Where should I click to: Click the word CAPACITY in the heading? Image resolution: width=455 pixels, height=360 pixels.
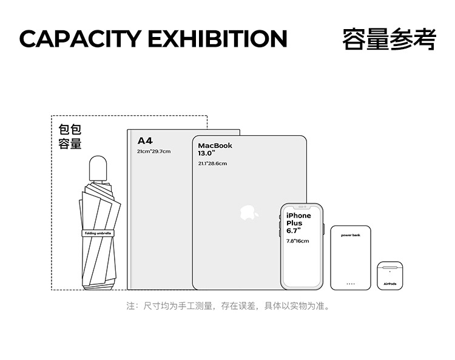[x=80, y=39]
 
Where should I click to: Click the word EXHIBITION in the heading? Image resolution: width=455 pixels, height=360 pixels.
[x=217, y=39]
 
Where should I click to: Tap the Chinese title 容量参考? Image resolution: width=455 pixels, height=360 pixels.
[x=389, y=38]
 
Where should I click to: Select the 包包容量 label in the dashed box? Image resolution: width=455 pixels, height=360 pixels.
[x=70, y=137]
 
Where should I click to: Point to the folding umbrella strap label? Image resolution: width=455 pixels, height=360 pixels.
[x=98, y=233]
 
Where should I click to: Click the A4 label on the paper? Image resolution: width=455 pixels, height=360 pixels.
[x=145, y=141]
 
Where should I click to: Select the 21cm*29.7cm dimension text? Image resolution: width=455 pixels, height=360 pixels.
[x=153, y=151]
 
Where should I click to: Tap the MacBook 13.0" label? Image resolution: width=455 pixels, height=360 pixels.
[x=215, y=149]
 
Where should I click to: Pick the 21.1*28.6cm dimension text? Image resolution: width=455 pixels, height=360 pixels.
[x=212, y=164]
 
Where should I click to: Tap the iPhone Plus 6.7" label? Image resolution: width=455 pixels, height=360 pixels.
[x=298, y=223]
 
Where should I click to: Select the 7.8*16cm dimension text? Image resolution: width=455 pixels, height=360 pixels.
[x=297, y=241]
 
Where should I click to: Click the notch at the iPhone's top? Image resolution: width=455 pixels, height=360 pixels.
[x=302, y=207]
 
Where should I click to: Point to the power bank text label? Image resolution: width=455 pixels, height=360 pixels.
[x=351, y=235]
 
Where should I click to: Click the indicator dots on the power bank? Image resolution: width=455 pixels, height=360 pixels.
[x=351, y=283]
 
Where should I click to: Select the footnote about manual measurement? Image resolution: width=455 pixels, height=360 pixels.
[x=228, y=306]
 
